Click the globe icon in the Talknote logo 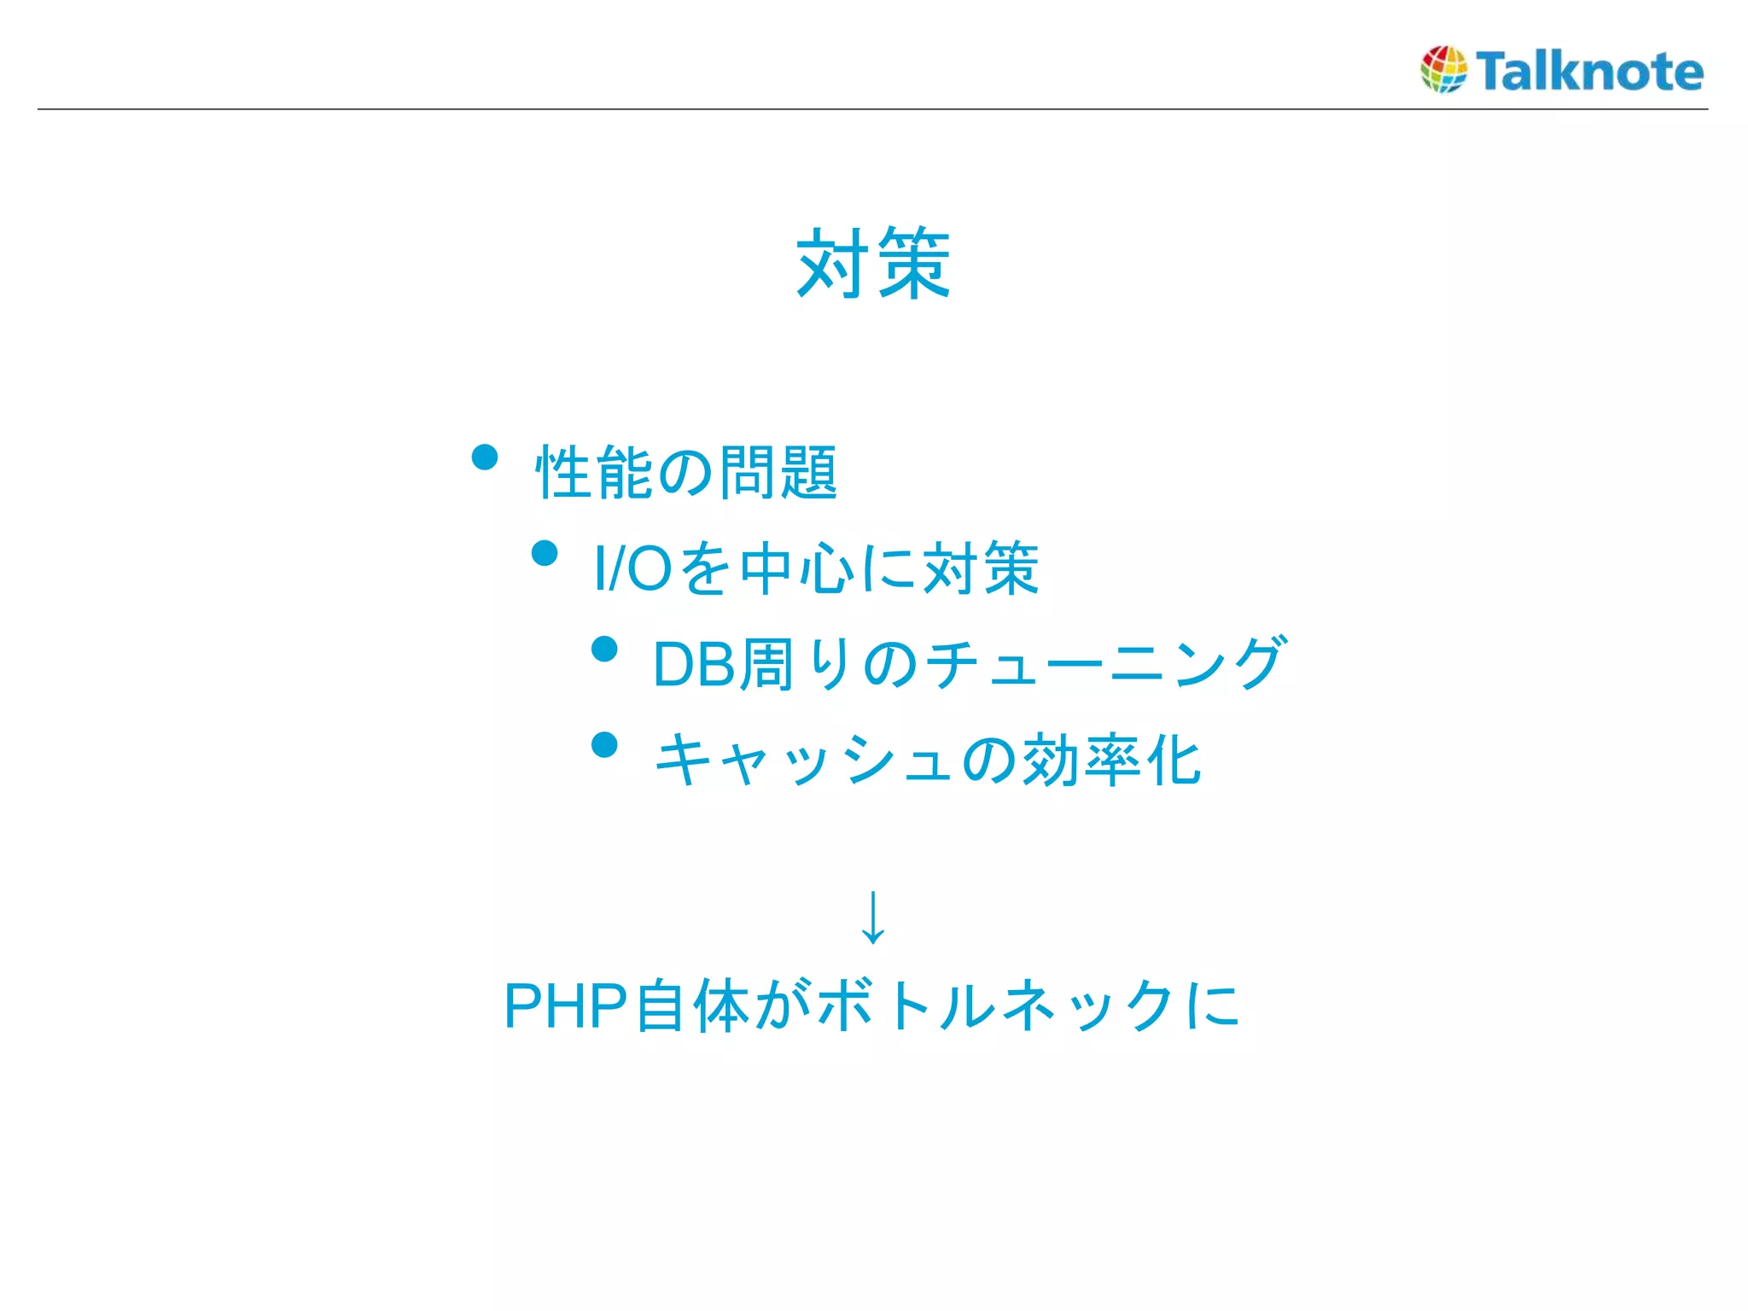click(1443, 69)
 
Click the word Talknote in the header click(1589, 71)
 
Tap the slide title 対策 click(872, 264)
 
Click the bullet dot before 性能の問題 click(485, 457)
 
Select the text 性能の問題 click(685, 472)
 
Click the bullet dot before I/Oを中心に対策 click(545, 554)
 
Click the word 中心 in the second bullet click(799, 568)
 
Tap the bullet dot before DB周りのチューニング click(604, 650)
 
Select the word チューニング click(1104, 663)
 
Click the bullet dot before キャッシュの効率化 click(604, 745)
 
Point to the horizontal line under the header click(872, 109)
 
